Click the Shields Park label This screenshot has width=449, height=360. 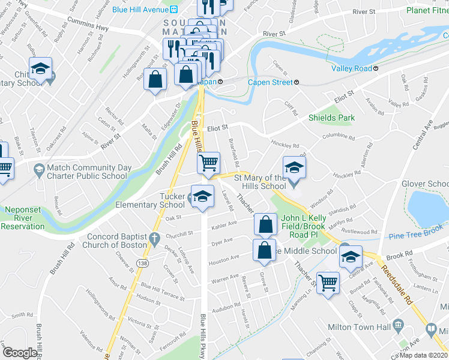(331, 118)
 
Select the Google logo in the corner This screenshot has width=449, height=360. (19, 353)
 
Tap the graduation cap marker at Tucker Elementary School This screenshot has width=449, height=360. (202, 196)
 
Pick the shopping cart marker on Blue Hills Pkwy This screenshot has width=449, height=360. (208, 161)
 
